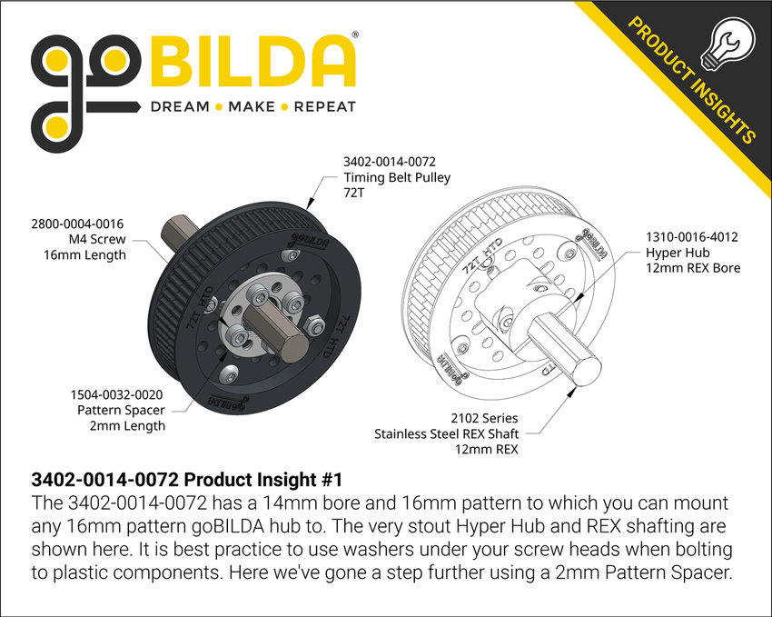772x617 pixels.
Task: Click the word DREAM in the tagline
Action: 180,106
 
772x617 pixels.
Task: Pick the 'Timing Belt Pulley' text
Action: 397,178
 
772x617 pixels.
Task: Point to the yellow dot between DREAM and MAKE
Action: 215,106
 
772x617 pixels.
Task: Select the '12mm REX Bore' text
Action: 693,268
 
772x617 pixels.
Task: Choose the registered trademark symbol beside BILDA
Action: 354,34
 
